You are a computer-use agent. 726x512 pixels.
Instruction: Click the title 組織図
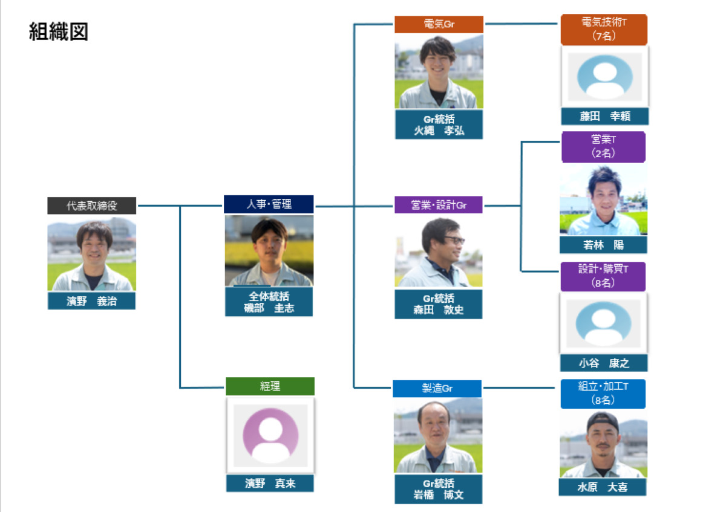point(59,32)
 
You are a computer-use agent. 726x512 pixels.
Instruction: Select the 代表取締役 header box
point(92,206)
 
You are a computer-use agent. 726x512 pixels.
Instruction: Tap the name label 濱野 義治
point(92,300)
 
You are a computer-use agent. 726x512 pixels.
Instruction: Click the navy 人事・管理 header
point(269,204)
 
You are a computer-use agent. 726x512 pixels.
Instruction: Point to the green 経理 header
point(270,386)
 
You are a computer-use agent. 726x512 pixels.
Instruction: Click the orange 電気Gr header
point(439,25)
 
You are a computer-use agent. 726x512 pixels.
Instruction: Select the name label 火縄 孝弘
point(439,125)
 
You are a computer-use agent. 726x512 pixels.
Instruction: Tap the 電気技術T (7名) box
point(604,30)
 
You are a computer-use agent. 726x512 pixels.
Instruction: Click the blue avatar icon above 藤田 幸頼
point(604,76)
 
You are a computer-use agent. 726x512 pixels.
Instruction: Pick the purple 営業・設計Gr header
point(439,205)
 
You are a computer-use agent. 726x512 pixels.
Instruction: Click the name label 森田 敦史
point(439,304)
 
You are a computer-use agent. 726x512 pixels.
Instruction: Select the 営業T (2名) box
point(603,147)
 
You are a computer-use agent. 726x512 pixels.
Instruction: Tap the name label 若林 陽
point(603,245)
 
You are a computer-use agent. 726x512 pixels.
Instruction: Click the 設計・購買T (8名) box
point(603,276)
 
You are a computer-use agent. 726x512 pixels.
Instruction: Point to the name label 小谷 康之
point(604,363)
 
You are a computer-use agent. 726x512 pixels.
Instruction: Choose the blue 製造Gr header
point(437,388)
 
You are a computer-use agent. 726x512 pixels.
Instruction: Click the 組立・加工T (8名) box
point(603,394)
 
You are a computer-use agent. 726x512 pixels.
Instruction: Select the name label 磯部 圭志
point(269,302)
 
